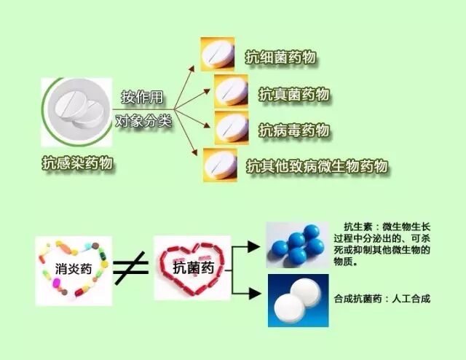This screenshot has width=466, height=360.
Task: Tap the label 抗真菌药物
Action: pyautogui.click(x=294, y=94)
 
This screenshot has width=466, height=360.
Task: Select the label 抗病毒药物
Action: pyautogui.click(x=294, y=130)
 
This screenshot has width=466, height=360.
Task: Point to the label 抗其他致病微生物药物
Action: pyautogui.click(x=317, y=166)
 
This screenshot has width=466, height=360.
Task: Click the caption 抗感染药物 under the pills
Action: pyautogui.click(x=77, y=164)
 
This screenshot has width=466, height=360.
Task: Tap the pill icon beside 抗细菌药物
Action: pyautogui.click(x=218, y=53)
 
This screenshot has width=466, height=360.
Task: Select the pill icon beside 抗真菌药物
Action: pyautogui.click(x=232, y=92)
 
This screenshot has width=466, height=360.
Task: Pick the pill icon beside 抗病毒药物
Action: pyautogui.click(x=232, y=128)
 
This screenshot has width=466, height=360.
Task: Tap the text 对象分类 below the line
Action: pyautogui.click(x=143, y=121)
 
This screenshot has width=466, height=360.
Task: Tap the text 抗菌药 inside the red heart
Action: pyautogui.click(x=192, y=267)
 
